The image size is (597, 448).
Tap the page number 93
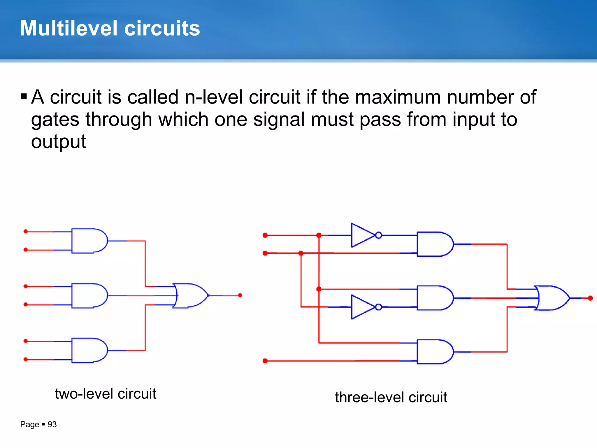[52, 424]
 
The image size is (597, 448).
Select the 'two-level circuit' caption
[106, 393]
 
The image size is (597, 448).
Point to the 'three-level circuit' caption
[391, 397]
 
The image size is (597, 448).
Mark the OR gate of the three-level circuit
[551, 298]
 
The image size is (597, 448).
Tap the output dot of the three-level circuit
[590, 298]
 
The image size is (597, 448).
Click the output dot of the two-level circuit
[240, 295]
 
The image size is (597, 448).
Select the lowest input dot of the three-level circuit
[265, 361]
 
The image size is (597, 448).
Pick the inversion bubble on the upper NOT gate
[378, 235]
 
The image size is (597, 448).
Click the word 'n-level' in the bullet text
[214, 97]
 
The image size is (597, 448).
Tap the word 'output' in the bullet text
[59, 142]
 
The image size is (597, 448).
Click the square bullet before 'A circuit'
[24, 96]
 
